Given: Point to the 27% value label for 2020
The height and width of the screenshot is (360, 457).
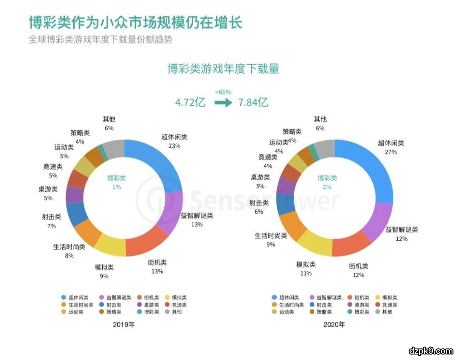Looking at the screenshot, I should coord(391,152).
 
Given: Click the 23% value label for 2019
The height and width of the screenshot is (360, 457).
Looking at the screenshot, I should coord(174,146).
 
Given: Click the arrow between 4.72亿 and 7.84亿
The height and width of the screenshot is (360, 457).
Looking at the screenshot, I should coord(223,102).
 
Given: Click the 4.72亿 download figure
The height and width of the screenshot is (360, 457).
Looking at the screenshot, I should coord(190,102).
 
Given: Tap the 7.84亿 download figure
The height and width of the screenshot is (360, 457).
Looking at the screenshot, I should coord(253,102).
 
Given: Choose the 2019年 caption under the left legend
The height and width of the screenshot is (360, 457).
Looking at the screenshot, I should coord(123,324).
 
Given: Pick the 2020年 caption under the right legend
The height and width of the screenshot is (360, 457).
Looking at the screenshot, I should coord(334,324).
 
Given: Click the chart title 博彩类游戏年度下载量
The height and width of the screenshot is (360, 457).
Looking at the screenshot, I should coord(223,69).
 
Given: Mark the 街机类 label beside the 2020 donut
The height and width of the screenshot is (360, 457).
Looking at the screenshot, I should coord(358,267).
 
